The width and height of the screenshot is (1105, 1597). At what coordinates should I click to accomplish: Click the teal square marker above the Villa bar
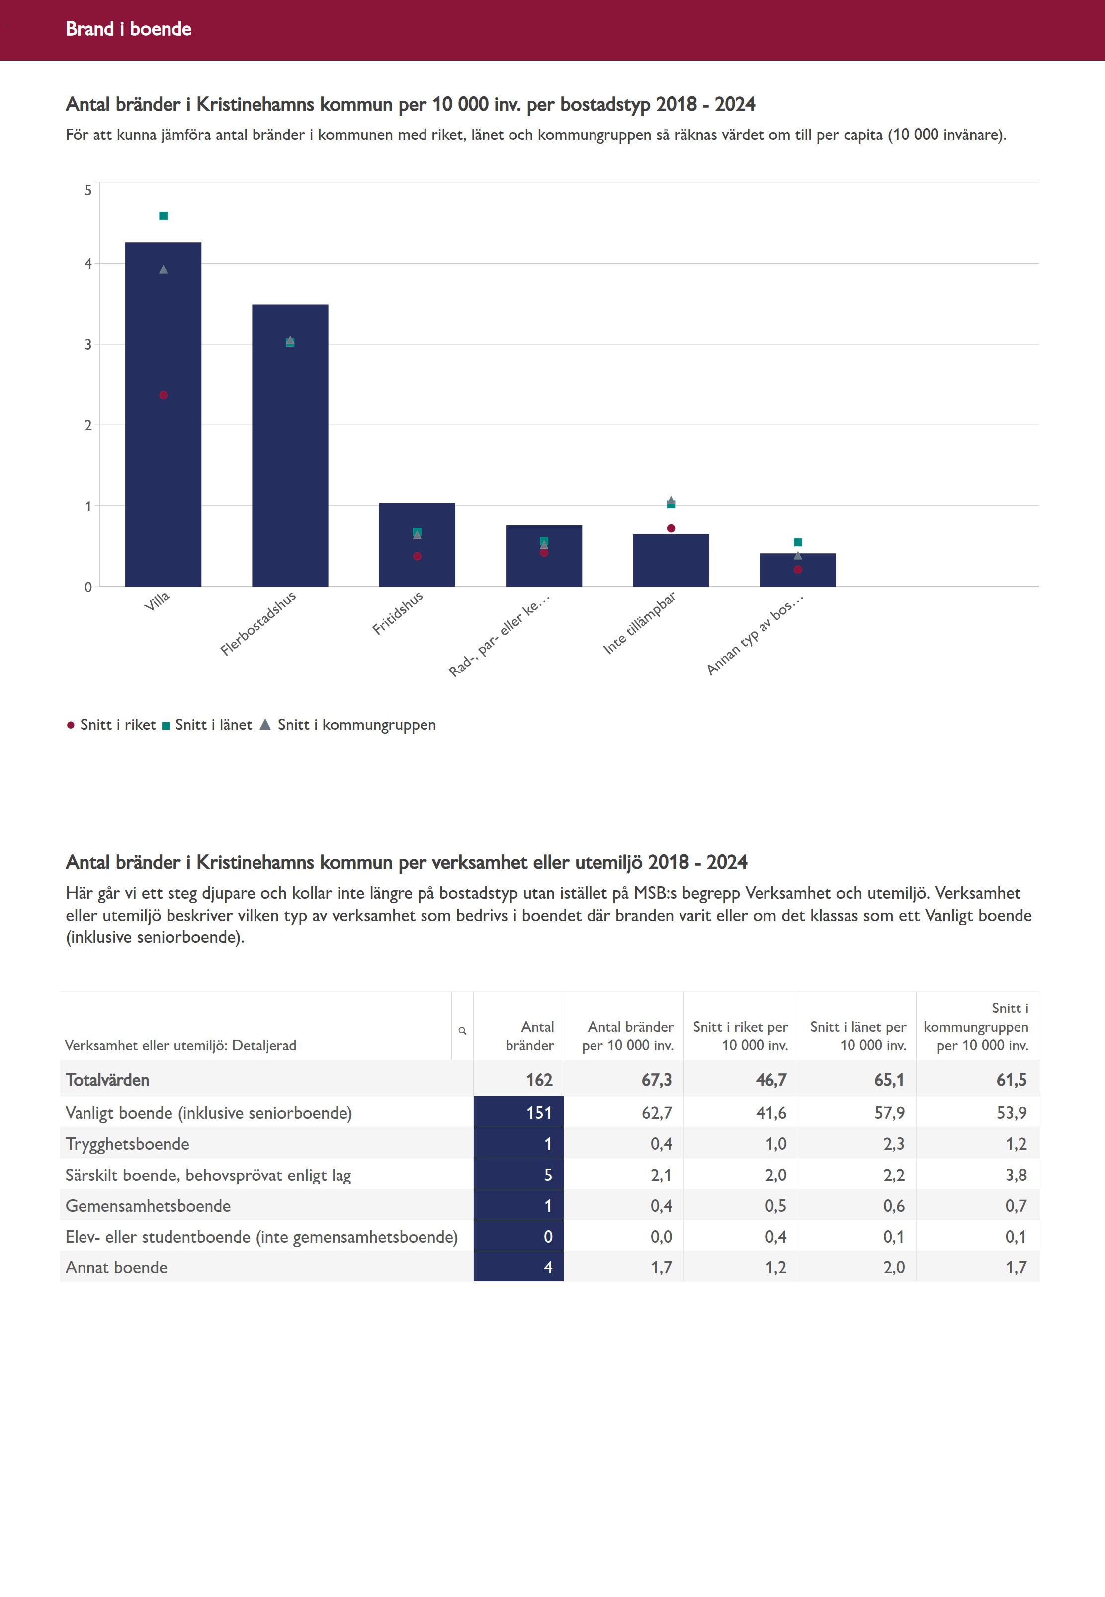[164, 216]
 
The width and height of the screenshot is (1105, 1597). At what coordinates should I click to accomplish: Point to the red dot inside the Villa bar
[164, 395]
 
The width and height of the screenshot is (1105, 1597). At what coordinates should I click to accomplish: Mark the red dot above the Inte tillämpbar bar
[671, 528]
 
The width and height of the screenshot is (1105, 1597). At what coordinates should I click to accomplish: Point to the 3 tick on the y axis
[88, 345]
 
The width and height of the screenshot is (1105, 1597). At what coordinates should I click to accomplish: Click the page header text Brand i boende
[129, 29]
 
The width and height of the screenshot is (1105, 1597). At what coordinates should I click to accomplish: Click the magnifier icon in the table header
[462, 1031]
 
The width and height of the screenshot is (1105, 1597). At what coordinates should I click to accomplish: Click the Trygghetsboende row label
[127, 1144]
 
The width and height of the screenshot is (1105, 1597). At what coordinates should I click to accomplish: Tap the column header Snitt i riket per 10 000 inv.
[740, 1036]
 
